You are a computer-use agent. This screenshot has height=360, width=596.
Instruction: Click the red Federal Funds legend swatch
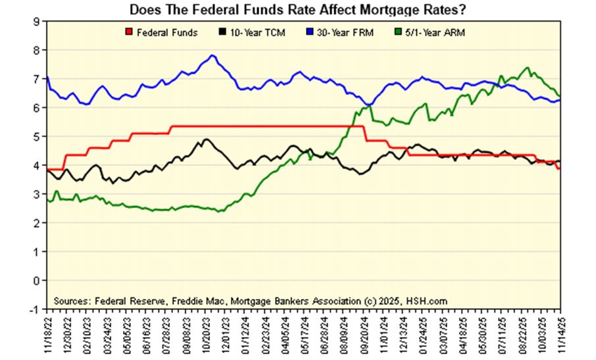(128, 32)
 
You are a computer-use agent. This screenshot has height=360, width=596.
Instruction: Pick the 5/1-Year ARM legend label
(435, 32)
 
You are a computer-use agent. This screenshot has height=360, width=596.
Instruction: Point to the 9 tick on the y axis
(37, 21)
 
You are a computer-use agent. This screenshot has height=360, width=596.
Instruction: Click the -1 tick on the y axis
(36, 309)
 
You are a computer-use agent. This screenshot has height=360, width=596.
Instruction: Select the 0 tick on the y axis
(37, 280)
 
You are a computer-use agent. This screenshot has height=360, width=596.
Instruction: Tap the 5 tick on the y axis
(37, 136)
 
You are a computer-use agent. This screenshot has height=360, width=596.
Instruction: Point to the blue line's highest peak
(212, 55)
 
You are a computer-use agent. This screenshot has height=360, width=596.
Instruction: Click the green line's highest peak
(527, 67)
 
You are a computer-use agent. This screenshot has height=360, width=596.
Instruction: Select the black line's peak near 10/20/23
(206, 139)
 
